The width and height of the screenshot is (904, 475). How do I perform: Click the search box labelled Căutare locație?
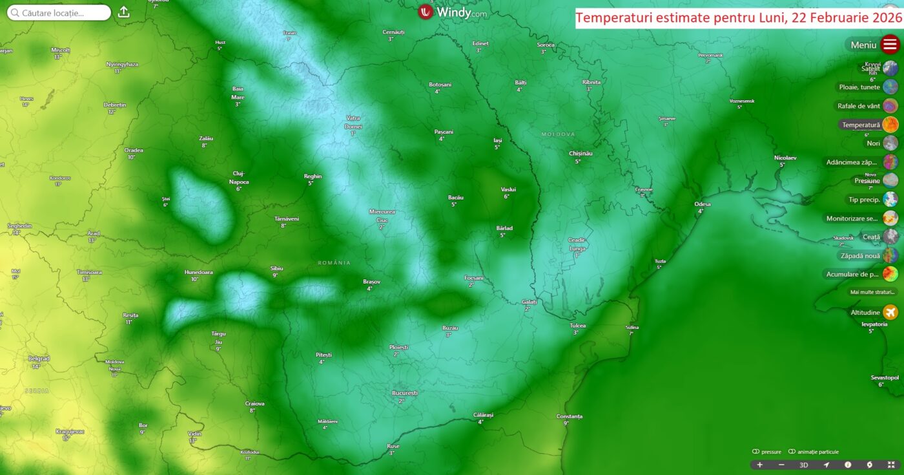click(x=59, y=13)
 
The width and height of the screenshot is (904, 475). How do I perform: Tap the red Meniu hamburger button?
click(x=890, y=45)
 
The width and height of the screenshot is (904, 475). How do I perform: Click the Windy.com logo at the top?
click(x=453, y=12)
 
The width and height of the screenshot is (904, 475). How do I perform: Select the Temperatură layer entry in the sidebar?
click(x=861, y=125)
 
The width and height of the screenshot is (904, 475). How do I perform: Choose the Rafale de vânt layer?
click(x=859, y=106)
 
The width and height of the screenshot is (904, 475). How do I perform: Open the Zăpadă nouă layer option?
click(x=860, y=256)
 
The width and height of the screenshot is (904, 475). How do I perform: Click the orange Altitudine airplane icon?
click(x=890, y=313)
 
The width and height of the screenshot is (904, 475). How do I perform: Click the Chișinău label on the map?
click(x=580, y=153)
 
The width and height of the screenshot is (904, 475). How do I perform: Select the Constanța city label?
click(x=569, y=416)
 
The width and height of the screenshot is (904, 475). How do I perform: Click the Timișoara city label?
click(x=89, y=272)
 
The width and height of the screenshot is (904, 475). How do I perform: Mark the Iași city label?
click(x=497, y=140)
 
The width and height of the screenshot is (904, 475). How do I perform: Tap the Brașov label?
click(x=371, y=282)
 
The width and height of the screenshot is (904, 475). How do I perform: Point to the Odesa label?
click(x=702, y=204)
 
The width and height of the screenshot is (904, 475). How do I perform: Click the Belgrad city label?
click(x=39, y=358)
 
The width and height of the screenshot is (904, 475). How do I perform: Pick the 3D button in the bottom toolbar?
click(x=803, y=465)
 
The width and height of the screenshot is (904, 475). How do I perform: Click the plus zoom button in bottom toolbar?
click(x=759, y=465)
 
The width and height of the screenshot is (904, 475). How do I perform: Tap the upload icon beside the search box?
click(x=124, y=12)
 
